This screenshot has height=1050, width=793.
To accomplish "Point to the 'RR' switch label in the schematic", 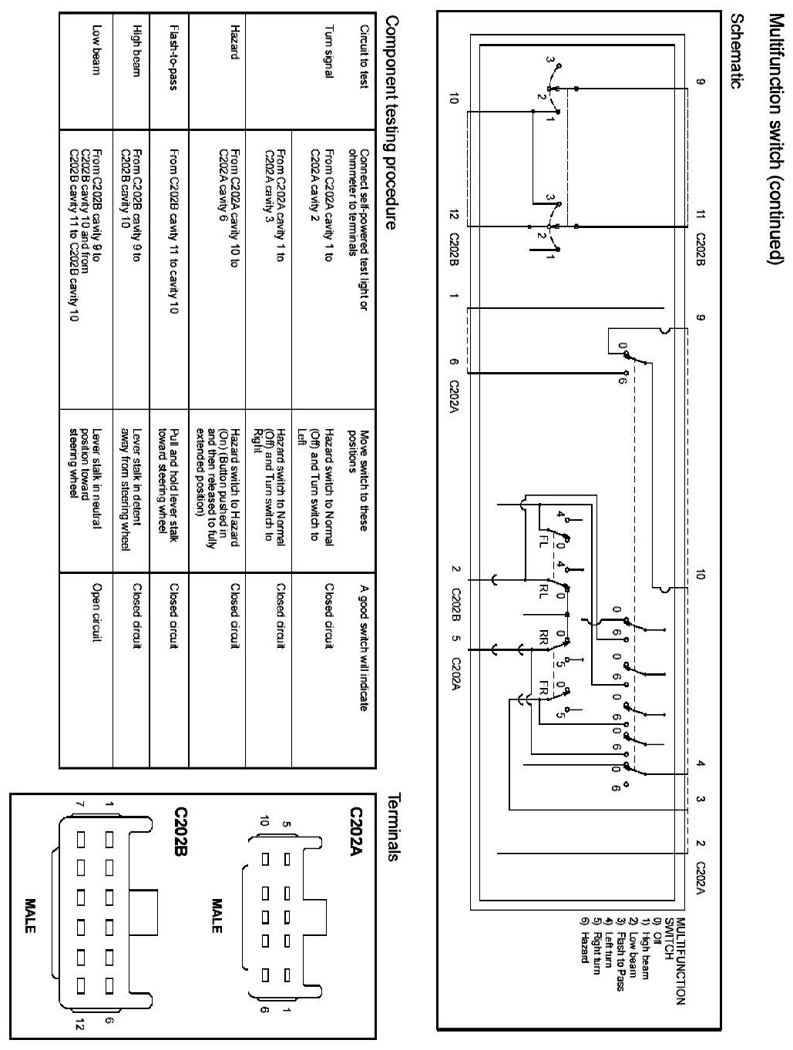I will click(x=543, y=636).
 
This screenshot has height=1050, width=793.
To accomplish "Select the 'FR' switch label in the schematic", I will click(x=543, y=686).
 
